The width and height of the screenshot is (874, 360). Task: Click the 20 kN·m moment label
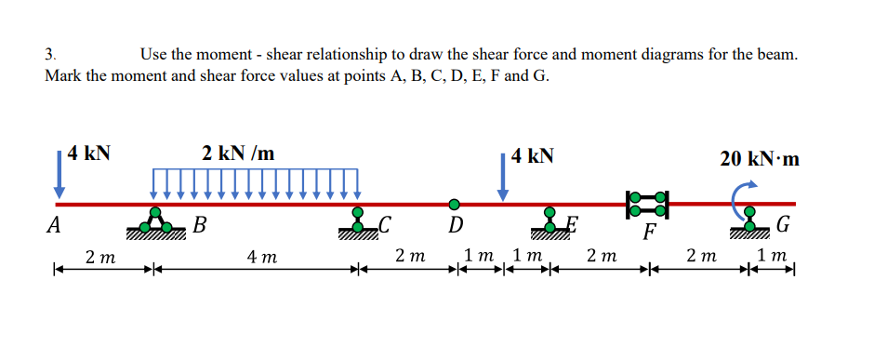tap(760, 158)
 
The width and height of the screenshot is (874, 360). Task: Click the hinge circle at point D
tap(455, 204)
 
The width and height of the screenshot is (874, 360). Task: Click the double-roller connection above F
tap(648, 204)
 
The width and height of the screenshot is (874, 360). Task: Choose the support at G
tap(749, 220)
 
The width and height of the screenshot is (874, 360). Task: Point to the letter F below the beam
tap(650, 233)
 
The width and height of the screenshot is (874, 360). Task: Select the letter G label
tap(783, 226)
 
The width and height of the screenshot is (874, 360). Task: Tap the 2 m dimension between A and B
tap(99, 257)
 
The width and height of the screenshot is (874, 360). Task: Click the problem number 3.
tap(50, 55)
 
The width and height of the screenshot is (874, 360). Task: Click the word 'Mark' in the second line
tap(63, 75)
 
